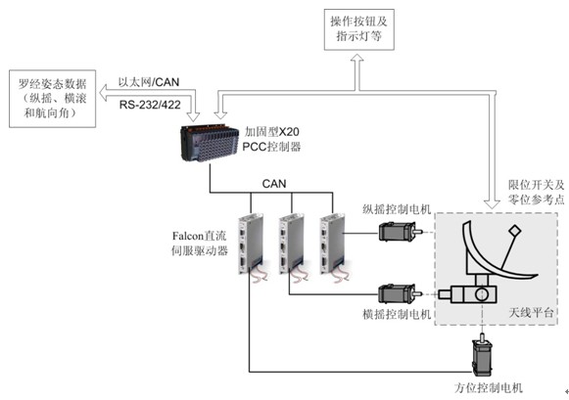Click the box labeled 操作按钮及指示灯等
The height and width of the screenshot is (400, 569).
[358, 29]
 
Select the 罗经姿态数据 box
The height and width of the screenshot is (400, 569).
[53, 99]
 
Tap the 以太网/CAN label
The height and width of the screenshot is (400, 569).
[149, 82]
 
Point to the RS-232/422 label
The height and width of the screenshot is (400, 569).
[150, 105]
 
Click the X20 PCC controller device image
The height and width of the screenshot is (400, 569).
[211, 143]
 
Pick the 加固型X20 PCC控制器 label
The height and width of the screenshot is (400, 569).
[271, 139]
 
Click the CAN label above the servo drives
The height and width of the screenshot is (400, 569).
[274, 184]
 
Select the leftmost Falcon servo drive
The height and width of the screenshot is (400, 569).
[251, 244]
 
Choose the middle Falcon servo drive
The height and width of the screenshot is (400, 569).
[292, 244]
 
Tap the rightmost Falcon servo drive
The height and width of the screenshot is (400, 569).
[333, 244]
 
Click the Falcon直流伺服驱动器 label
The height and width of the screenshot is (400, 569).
[199, 244]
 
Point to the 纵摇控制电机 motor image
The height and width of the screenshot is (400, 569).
[401, 232]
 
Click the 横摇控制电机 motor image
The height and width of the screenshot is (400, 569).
[401, 293]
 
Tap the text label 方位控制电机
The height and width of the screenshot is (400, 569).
[489, 387]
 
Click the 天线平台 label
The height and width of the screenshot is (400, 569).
[531, 312]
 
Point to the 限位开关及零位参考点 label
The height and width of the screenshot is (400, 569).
[536, 192]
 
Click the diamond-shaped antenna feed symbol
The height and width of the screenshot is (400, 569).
[514, 231]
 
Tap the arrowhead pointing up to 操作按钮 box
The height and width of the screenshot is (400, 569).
[357, 58]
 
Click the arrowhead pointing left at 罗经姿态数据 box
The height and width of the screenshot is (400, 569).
[103, 93]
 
